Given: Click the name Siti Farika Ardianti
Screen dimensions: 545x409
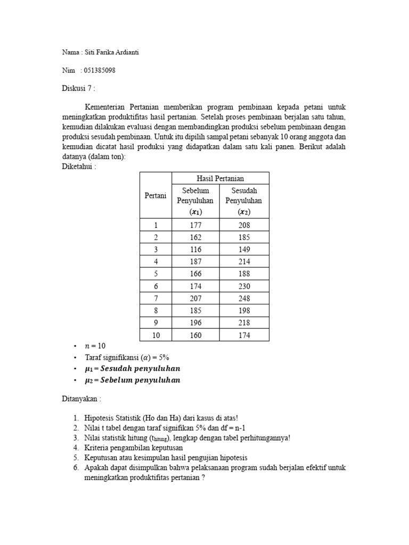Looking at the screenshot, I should point(112,52).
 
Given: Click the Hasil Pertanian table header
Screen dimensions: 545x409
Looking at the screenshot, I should point(220,178).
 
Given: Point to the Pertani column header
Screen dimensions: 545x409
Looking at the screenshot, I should point(156,195).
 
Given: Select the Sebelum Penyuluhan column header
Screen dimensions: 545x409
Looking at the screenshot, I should point(195,201).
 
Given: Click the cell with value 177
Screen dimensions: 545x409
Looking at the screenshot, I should point(195,225).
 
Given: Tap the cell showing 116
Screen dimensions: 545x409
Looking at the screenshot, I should point(195,250).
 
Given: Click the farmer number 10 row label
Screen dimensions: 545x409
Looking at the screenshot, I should point(156,335).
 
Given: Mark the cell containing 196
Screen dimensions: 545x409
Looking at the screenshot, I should point(195,323).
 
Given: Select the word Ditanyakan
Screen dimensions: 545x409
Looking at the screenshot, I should point(80,399).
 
